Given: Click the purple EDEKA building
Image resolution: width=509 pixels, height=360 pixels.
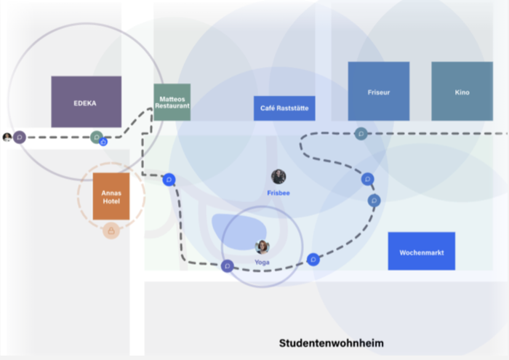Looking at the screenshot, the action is [x=87, y=102].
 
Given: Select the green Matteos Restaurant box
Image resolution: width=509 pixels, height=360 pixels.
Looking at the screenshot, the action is [x=172, y=102].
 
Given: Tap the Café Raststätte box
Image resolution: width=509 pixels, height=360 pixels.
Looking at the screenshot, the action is [x=284, y=108].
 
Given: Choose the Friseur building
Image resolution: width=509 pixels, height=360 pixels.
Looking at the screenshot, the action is [x=379, y=91].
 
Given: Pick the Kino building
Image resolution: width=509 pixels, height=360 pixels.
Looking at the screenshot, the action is [x=462, y=91].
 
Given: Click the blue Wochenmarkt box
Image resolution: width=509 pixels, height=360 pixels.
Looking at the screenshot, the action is [x=422, y=251].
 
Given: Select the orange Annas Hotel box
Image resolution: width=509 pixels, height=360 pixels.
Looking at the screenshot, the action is [x=111, y=196].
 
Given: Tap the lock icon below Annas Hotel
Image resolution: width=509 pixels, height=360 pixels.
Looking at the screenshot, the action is [x=111, y=231].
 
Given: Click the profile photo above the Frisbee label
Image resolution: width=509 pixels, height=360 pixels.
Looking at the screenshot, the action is [x=278, y=177].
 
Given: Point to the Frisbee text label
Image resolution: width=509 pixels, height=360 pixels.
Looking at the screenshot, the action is [x=278, y=193].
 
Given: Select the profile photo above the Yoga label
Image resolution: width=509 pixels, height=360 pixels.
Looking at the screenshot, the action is [x=262, y=247].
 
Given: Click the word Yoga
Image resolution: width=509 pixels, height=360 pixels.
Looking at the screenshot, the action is [x=262, y=263].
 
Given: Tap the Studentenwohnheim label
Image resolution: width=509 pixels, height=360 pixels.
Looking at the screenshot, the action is [x=332, y=343].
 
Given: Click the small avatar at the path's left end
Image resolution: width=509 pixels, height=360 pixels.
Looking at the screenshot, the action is [x=7, y=137].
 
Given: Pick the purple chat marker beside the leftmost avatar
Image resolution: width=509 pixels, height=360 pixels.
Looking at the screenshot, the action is [x=20, y=137].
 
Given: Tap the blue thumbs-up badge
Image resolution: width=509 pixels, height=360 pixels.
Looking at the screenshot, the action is [x=103, y=142].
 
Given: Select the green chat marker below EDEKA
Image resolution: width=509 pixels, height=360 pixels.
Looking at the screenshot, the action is [x=97, y=137].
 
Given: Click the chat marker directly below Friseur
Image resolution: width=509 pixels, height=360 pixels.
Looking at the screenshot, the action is [x=361, y=133].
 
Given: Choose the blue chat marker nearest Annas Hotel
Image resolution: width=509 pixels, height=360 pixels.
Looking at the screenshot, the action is [x=169, y=180].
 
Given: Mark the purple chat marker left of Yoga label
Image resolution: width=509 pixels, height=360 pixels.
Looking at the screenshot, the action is [x=227, y=266].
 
